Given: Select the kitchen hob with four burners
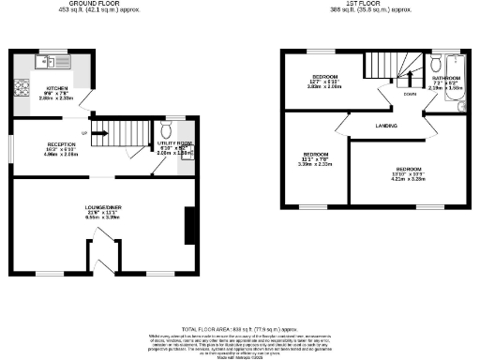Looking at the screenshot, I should click(20, 91).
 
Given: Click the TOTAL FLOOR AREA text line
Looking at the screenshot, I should click(239, 328).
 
